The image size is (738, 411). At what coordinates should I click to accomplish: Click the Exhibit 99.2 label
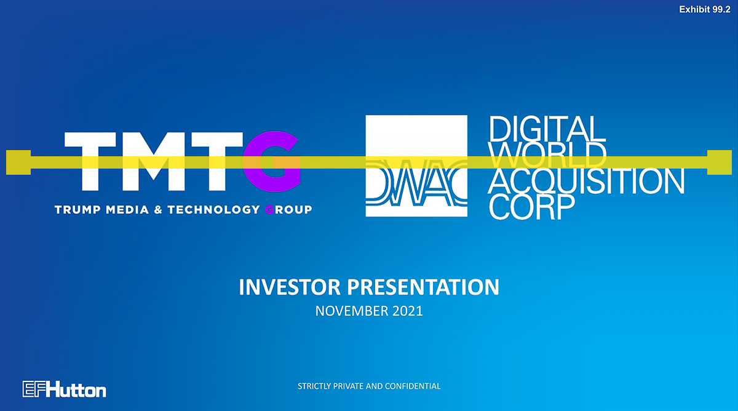(x=705, y=10)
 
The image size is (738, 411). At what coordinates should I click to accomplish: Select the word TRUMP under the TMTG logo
(x=77, y=210)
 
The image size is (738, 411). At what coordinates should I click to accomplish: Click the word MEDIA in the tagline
(x=127, y=210)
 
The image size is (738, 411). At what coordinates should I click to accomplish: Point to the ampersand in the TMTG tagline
(x=158, y=210)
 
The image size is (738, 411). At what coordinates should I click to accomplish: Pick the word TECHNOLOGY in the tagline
(x=214, y=210)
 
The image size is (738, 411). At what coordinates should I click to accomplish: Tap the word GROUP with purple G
(x=288, y=210)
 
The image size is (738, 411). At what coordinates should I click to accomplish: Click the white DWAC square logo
(x=416, y=166)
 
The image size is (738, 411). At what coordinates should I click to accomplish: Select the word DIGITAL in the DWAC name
(x=547, y=129)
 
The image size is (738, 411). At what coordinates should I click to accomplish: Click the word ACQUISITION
(x=586, y=181)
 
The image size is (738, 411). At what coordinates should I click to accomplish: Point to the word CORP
(x=532, y=207)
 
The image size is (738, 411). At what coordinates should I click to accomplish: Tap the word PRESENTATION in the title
(x=423, y=287)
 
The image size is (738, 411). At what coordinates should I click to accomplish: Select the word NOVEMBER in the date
(x=352, y=311)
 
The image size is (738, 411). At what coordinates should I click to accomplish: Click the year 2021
(x=408, y=311)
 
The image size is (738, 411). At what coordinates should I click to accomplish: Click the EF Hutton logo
(x=64, y=389)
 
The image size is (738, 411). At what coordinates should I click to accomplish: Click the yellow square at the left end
(x=18, y=162)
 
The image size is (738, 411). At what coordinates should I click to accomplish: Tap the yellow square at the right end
(x=720, y=162)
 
